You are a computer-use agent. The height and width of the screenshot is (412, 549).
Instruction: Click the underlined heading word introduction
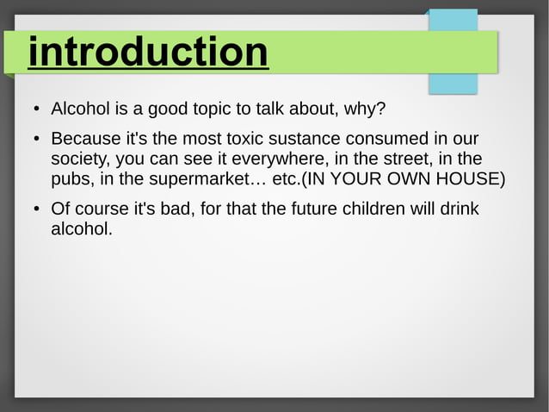[x=148, y=53]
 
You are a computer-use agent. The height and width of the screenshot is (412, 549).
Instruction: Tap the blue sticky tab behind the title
[x=453, y=82]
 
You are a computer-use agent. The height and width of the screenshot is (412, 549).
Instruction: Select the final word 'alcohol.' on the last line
[x=82, y=229]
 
